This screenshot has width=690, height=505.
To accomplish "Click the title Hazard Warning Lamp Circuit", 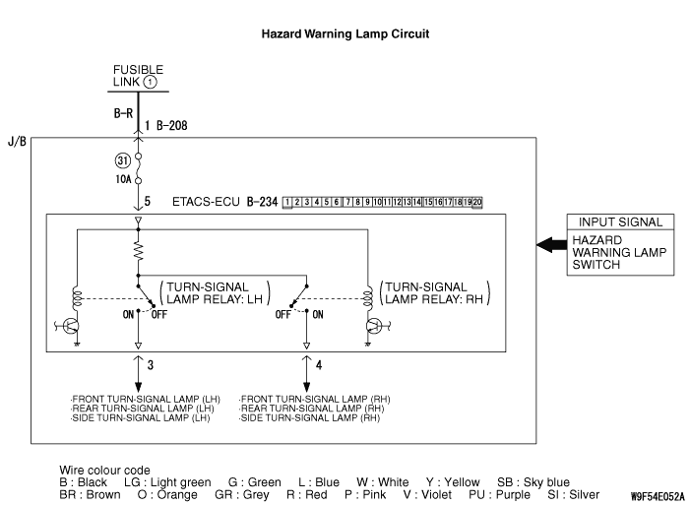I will click(345, 33).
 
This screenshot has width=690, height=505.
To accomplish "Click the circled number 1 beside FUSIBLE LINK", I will click(150, 82).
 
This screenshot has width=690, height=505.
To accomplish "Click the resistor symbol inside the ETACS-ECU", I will click(139, 254).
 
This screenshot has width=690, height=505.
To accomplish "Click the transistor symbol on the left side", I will click(69, 325).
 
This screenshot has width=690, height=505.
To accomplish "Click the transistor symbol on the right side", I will click(375, 325).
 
